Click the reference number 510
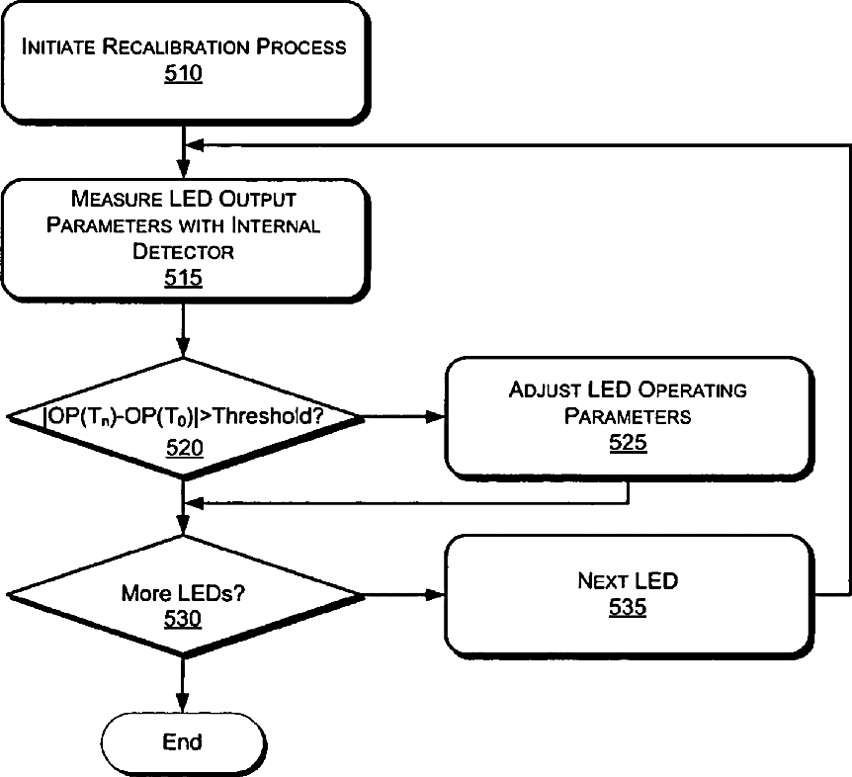coord(183,73)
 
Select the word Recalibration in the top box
coord(177,46)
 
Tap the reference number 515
coord(183,278)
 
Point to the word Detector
coord(183,251)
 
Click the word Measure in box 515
coord(117,199)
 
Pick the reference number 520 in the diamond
coord(185,448)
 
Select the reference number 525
coord(628,442)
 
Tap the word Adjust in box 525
coord(545,389)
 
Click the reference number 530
coord(183,619)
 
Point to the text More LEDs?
coord(183,593)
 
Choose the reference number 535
coord(628,607)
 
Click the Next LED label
coord(628,581)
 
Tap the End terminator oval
coord(184,742)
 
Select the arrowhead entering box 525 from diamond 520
coord(435,417)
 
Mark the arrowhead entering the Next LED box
coord(435,595)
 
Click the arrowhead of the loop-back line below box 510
coord(195,145)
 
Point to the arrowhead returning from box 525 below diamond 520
coord(195,504)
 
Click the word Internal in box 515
coord(276,225)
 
